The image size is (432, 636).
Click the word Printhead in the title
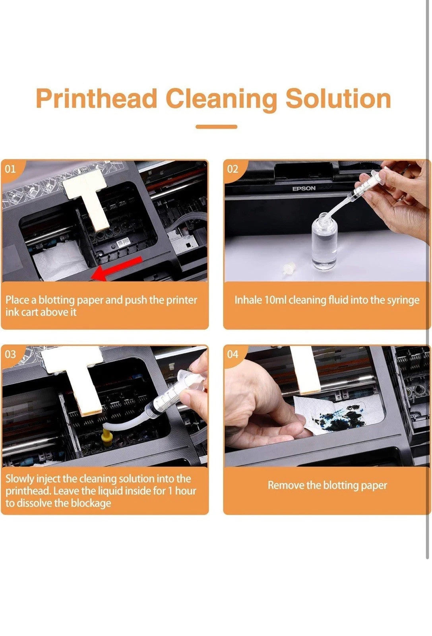97,99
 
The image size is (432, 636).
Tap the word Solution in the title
338,99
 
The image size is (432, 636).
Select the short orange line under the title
216,127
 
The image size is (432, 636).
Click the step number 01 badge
10,169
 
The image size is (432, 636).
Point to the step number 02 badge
232,169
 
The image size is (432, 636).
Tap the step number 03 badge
10,354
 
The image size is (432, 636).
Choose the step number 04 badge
232,354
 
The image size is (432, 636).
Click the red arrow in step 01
117,269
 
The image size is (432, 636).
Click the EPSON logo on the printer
304,188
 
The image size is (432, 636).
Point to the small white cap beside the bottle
289,269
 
